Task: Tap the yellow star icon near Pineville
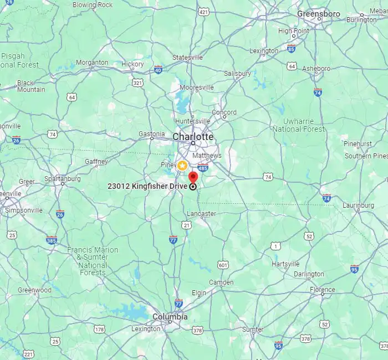[x=182, y=166]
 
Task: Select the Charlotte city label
[x=193, y=136]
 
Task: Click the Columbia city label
[x=170, y=317]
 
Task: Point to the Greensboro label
[x=319, y=13]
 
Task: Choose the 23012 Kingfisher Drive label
[x=147, y=186]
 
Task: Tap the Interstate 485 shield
[x=203, y=168]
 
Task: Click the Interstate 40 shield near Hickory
[x=159, y=70]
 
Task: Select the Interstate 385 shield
[x=52, y=240]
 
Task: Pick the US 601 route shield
[x=223, y=265]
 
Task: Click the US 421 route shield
[x=203, y=11]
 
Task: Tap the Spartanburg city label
[x=63, y=179]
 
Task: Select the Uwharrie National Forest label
[x=299, y=125]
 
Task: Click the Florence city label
[x=322, y=290]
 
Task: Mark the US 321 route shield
[x=137, y=83]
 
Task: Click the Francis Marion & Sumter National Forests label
[x=93, y=261]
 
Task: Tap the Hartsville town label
[x=285, y=264]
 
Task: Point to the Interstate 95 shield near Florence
[x=354, y=269]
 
